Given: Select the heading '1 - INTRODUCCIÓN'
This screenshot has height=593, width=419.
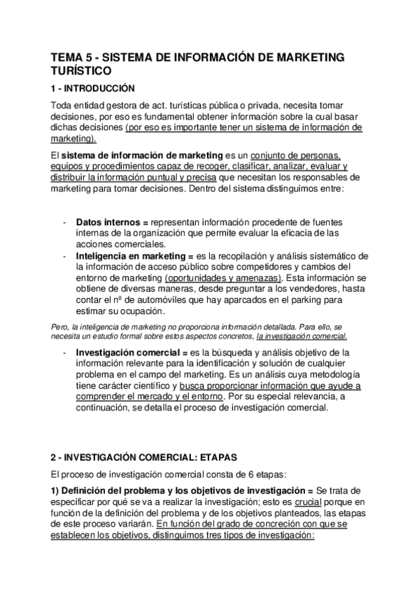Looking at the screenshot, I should [x=89, y=89].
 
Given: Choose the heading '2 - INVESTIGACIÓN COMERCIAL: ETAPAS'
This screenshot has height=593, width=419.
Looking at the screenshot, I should [x=144, y=457].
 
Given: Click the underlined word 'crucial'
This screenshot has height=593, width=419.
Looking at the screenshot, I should [x=309, y=502].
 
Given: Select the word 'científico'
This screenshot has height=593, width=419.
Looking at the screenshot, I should [x=145, y=385].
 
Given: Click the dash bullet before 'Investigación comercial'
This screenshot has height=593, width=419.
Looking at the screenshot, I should [x=65, y=352].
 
